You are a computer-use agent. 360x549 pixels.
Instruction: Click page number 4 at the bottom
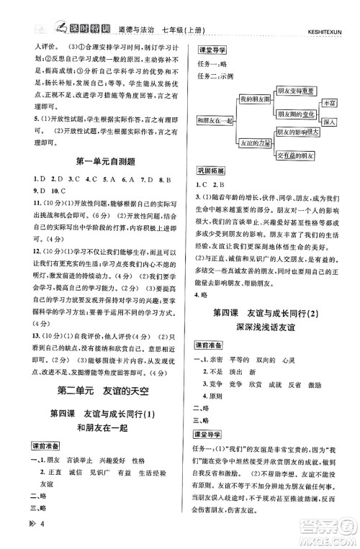tap(24, 535)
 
